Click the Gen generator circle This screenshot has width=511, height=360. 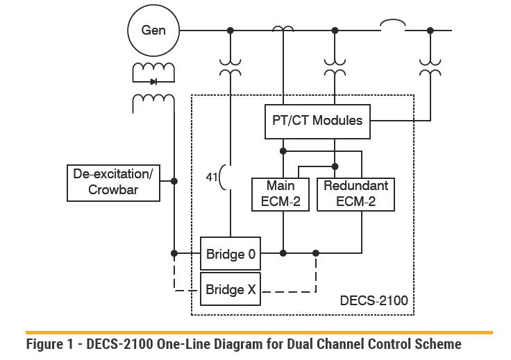tap(153, 31)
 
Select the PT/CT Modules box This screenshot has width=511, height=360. tap(317, 121)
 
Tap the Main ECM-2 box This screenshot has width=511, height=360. tap(280, 194)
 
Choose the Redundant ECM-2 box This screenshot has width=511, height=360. tap(355, 194)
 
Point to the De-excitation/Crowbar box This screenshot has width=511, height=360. tap(113, 182)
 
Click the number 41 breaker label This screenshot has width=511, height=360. tap(211, 177)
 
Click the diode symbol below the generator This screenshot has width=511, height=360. tap(153, 82)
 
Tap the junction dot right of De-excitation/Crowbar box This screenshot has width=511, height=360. tap(174, 181)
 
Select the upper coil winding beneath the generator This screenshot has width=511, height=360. tap(153, 69)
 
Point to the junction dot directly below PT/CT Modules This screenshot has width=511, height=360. tap(283, 150)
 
